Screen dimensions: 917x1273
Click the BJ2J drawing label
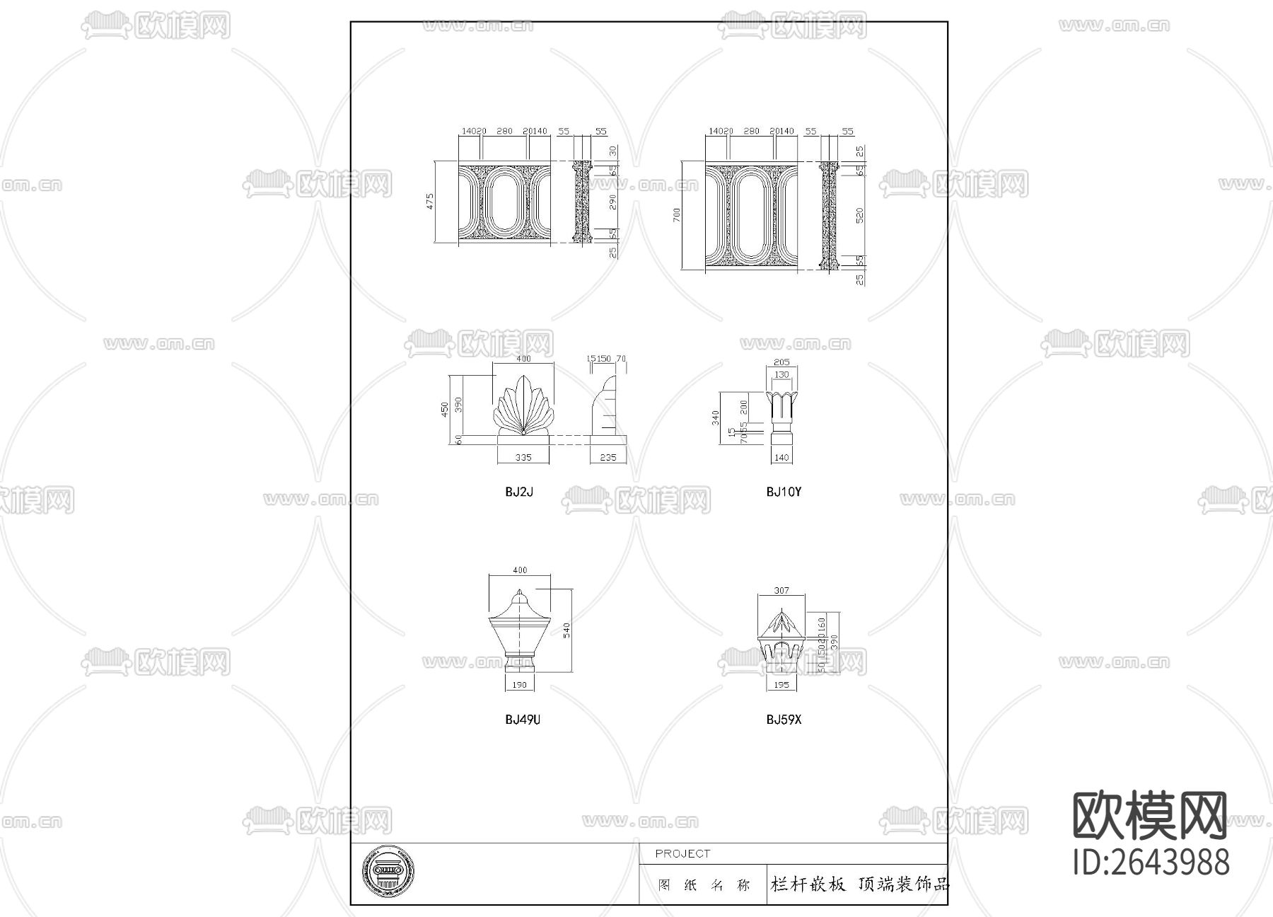tap(519, 492)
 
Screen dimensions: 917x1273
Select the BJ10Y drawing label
tap(784, 492)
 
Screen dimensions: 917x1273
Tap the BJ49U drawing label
tap(523, 720)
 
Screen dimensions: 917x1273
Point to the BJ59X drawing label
tap(784, 720)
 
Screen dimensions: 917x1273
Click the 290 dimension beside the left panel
tap(613, 202)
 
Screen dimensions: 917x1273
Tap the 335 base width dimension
tap(523, 458)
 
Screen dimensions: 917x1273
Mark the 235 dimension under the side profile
tap(608, 458)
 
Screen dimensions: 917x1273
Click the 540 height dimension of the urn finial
tap(566, 630)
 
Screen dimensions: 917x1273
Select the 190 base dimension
tap(519, 685)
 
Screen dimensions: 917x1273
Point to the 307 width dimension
tap(781, 590)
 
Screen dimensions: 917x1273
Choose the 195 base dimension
tap(781, 685)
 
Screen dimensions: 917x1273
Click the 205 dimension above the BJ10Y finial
tap(781, 362)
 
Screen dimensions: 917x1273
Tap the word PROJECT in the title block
tap(682, 854)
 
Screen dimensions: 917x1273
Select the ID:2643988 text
tap(1151, 863)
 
